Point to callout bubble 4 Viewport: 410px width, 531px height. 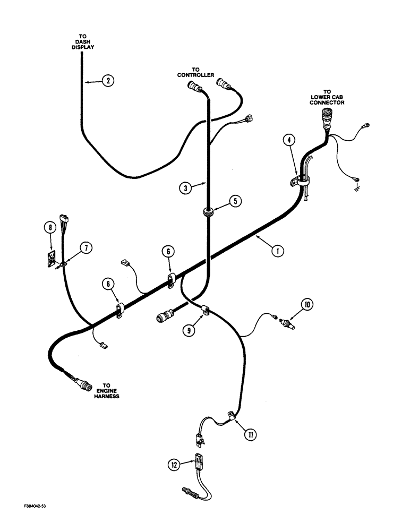[x=288, y=140]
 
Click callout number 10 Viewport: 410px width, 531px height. [x=307, y=304]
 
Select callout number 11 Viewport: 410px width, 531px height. [x=250, y=435]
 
